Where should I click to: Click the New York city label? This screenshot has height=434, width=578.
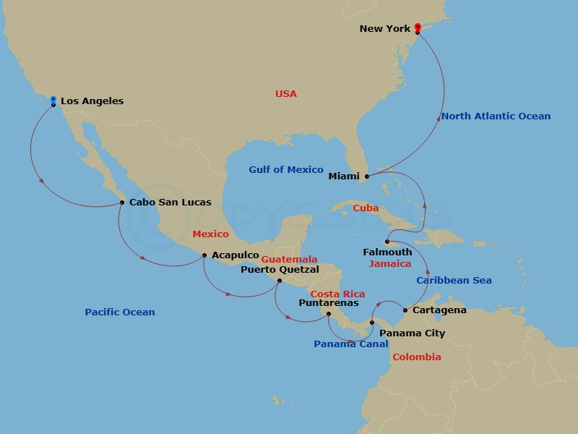[384, 29]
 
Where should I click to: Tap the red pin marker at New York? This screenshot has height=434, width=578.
[418, 27]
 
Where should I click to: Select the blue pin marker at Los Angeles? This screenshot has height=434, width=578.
[53, 100]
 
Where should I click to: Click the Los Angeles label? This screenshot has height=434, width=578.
[92, 101]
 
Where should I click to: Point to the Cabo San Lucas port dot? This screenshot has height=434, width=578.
[122, 203]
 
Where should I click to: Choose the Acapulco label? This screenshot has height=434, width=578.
[236, 255]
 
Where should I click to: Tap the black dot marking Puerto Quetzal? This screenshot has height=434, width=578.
[280, 281]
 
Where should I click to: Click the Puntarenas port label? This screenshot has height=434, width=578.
[329, 303]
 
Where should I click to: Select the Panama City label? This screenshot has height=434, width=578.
[412, 333]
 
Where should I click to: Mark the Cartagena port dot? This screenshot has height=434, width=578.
[405, 311]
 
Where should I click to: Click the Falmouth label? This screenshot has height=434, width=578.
[387, 252]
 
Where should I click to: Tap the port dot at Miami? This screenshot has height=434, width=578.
[366, 176]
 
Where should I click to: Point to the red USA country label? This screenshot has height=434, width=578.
[285, 94]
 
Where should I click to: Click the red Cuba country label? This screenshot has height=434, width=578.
[366, 208]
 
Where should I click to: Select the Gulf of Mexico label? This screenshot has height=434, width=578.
[286, 170]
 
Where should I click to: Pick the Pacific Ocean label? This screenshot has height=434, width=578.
[120, 312]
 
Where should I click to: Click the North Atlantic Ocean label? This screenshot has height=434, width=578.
[496, 116]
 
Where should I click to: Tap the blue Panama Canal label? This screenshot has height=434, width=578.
[350, 344]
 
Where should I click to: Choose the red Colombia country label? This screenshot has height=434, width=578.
[416, 357]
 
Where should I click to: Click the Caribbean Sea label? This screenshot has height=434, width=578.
[454, 281]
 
